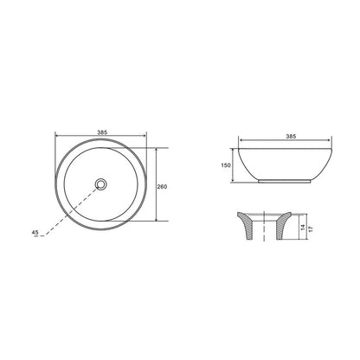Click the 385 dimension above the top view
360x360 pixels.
102,132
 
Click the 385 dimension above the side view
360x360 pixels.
291,137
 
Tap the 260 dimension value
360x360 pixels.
162,187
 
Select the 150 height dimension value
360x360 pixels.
226,165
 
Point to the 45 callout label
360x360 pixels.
35,232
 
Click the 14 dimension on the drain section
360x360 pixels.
302,227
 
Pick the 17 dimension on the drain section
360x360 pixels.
311,229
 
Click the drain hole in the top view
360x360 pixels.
100,183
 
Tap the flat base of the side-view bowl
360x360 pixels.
285,182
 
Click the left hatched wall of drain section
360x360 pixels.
246,225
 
